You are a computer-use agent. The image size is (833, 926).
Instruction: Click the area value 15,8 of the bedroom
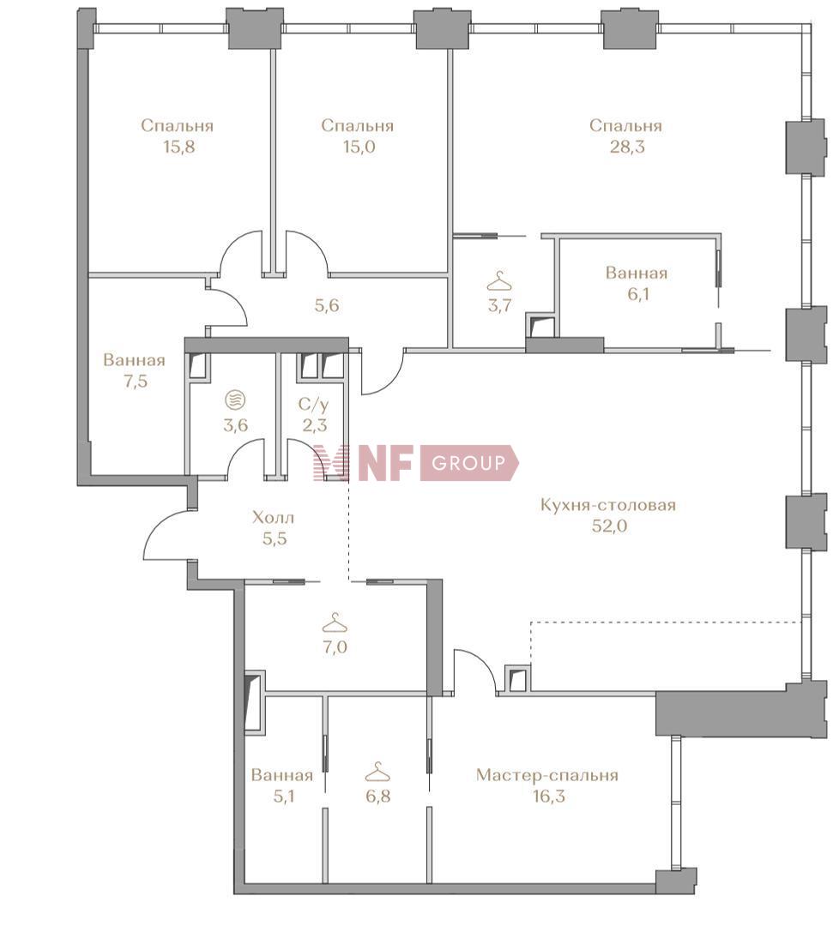(x=179, y=147)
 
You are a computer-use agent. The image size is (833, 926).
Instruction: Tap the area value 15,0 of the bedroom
(x=359, y=147)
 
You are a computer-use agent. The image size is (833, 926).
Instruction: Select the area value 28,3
(x=627, y=147)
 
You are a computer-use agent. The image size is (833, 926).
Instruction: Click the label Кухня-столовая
(x=608, y=506)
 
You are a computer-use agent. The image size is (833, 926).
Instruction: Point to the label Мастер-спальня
(x=547, y=775)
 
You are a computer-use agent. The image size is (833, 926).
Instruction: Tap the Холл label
(x=273, y=518)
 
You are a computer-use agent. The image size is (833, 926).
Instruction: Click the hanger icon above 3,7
(x=499, y=281)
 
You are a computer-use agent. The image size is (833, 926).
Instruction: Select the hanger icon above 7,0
(x=335, y=622)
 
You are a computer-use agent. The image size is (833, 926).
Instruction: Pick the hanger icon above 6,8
(x=377, y=772)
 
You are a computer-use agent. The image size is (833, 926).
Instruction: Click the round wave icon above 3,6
(x=235, y=400)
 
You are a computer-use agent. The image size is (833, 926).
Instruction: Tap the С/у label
(x=314, y=405)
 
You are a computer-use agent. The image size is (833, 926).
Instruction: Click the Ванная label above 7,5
(x=134, y=360)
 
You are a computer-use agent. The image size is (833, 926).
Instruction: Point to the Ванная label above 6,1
(x=637, y=273)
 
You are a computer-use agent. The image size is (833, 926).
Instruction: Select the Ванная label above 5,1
(x=281, y=775)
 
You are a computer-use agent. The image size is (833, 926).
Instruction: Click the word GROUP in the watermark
(x=468, y=462)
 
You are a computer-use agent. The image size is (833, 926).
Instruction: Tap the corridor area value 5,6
(x=327, y=306)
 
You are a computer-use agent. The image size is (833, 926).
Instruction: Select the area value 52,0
(x=610, y=526)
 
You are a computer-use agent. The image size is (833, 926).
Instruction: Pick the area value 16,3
(x=548, y=796)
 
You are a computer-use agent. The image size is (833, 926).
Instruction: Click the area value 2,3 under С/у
(x=314, y=425)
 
